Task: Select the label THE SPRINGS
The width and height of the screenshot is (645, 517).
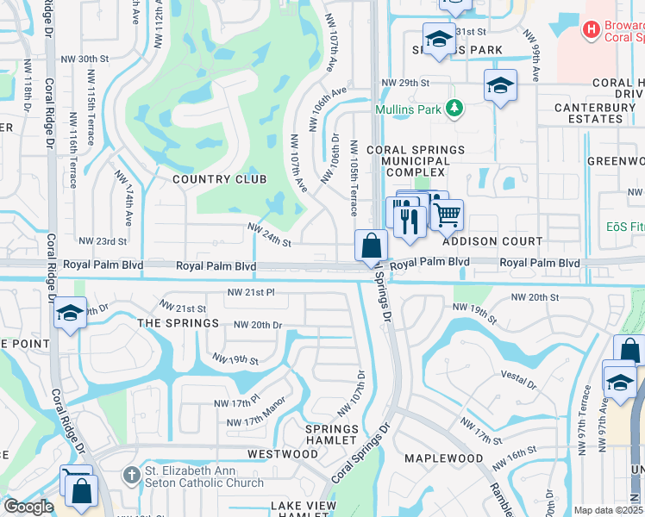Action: pos(178,323)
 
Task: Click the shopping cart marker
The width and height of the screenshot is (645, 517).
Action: pos(446,215)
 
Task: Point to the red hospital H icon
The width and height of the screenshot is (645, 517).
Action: pos(591,30)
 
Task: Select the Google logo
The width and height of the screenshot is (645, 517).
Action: pos(28,507)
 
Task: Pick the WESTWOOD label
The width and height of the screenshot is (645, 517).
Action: pos(282,453)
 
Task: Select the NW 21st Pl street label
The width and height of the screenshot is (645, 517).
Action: pos(253,293)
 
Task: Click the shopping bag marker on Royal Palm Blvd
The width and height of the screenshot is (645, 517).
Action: pos(371,246)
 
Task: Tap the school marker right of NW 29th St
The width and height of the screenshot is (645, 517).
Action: pos(499,86)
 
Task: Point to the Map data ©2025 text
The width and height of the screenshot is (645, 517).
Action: pos(608,510)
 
